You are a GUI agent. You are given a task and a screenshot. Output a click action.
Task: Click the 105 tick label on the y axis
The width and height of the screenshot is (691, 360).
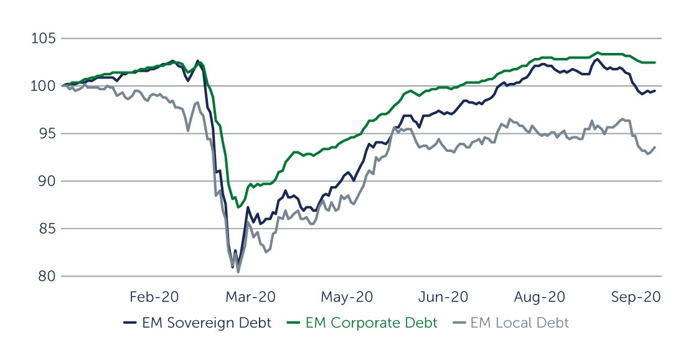point(44,39)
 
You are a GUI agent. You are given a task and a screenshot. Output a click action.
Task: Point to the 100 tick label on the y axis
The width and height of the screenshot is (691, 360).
point(44,87)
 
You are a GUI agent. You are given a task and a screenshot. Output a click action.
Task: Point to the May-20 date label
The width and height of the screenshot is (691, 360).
point(347,297)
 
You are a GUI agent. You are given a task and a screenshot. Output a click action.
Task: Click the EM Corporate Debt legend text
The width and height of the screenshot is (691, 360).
point(372,323)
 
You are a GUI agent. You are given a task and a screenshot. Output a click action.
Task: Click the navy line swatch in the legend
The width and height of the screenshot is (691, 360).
point(129,323)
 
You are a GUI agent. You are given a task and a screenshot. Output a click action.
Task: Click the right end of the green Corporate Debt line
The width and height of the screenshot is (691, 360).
point(655,62)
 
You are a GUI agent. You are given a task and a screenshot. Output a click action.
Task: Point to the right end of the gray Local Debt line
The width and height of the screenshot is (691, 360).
point(655,147)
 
